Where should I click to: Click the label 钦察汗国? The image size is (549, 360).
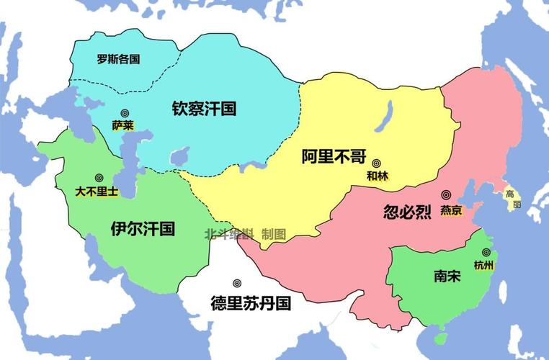pyautogui.click(x=204, y=109)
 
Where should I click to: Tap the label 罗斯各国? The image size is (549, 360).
pyautogui.click(x=118, y=60)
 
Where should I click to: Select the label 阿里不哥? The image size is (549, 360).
pyautogui.click(x=334, y=157)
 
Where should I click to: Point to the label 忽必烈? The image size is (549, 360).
pyautogui.click(x=408, y=212)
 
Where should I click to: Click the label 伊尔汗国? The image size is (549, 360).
pyautogui.click(x=143, y=229)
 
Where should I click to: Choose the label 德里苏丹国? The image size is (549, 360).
pyautogui.click(x=251, y=303)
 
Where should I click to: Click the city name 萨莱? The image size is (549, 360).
pyautogui.click(x=123, y=125)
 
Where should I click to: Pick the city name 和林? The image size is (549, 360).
pyautogui.click(x=378, y=176)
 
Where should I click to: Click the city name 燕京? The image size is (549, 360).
pyautogui.click(x=451, y=210)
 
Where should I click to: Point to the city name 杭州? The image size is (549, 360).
pyautogui.click(x=485, y=265)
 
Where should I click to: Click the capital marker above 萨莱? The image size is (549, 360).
pyautogui.click(x=125, y=112)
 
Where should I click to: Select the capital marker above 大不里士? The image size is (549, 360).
pyautogui.click(x=99, y=178)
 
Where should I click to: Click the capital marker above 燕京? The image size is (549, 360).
pyautogui.click(x=447, y=195)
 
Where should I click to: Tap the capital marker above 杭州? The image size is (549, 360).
pyautogui.click(x=486, y=252)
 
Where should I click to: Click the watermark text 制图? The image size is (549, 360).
pyautogui.click(x=274, y=234)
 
